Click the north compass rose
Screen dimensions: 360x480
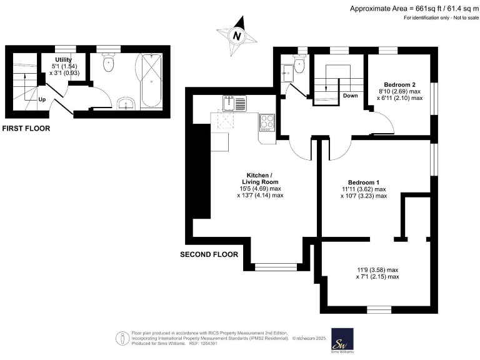[236, 36]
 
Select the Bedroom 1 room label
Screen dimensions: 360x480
[364, 182]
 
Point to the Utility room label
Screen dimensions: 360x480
[64, 60]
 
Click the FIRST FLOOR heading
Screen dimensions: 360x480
[26, 129]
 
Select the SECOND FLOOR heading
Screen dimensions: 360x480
[209, 255]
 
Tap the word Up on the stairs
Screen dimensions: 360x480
[42, 99]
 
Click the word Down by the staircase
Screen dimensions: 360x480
[350, 96]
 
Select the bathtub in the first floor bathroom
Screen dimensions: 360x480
[152, 81]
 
